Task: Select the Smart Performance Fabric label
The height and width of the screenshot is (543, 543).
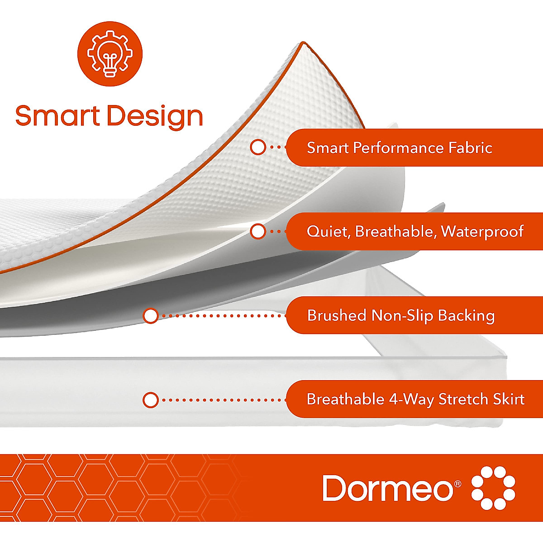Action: tap(399, 148)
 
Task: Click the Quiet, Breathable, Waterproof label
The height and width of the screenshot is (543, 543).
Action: tap(415, 232)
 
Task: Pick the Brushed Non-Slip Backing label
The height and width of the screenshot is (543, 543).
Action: tap(400, 315)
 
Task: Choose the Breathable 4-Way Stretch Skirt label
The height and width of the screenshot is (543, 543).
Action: tap(415, 399)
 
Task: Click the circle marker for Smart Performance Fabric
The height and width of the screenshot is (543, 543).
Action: tap(258, 147)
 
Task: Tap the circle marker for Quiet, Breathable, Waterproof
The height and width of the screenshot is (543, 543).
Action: tap(258, 231)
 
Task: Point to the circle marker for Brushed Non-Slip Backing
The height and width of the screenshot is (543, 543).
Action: tap(151, 315)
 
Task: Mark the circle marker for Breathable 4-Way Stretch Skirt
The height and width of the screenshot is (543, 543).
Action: tap(151, 400)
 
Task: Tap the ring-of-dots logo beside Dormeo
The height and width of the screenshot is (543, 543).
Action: tap(493, 488)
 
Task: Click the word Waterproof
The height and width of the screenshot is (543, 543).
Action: tap(482, 232)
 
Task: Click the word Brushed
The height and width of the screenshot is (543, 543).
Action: tap(337, 315)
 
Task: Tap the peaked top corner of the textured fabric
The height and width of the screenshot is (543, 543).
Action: tap(302, 44)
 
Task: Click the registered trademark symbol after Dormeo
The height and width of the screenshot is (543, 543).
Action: tap(457, 483)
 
